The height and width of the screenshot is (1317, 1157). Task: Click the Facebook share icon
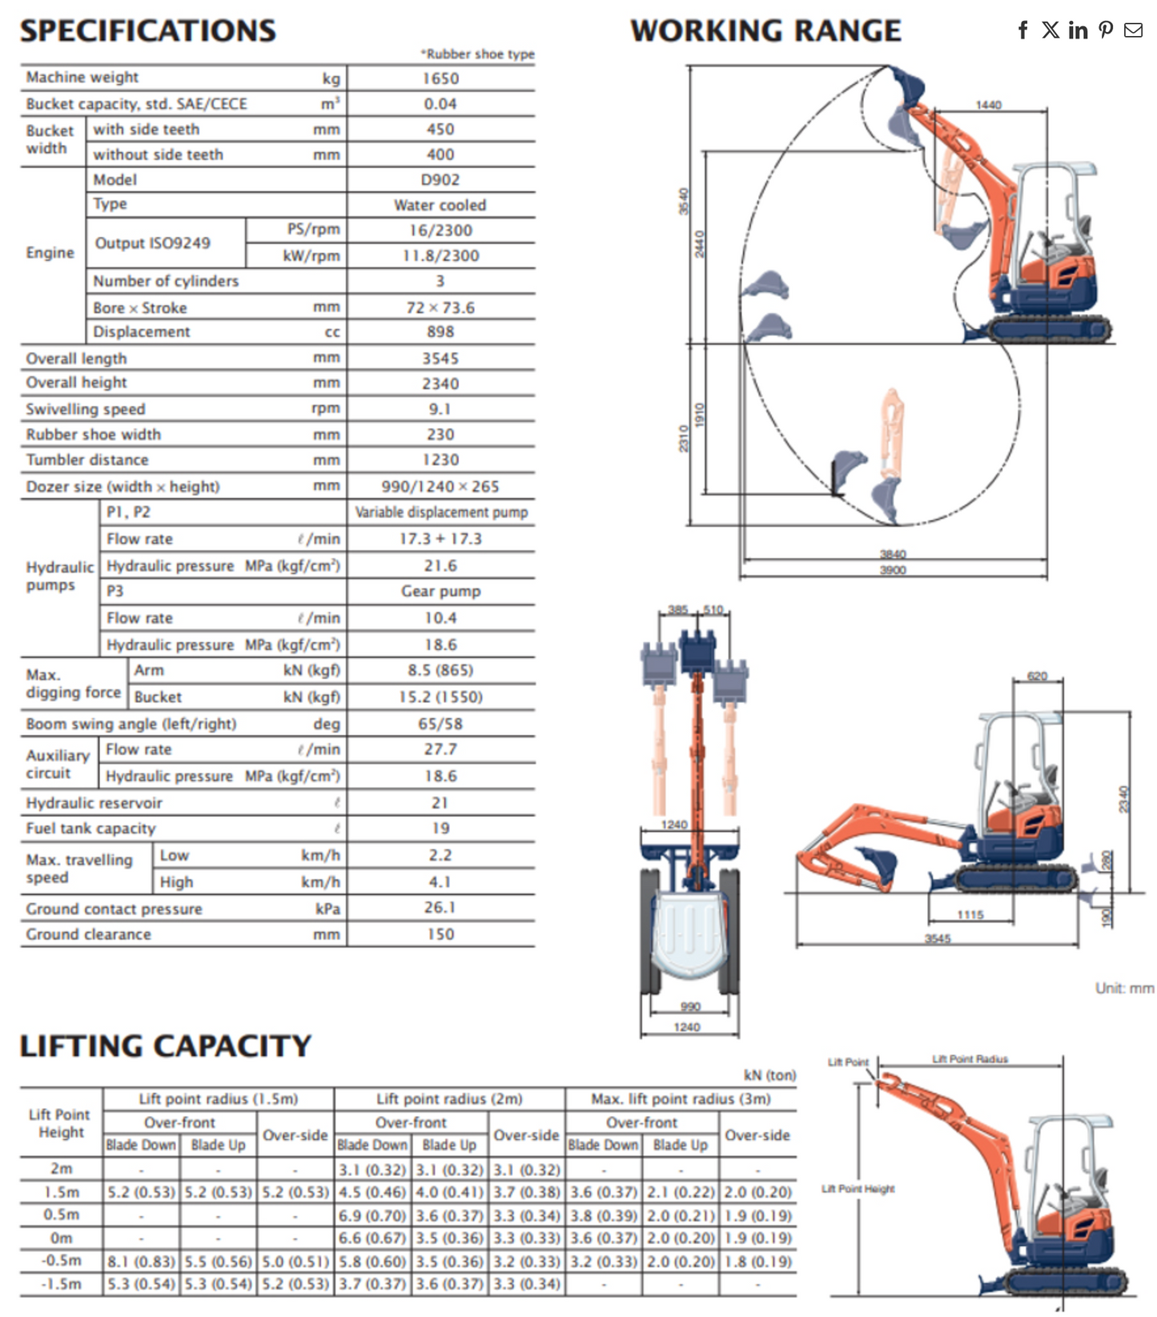click(1022, 30)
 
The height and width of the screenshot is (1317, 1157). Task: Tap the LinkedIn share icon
click(1078, 30)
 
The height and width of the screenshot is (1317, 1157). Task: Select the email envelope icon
click(1133, 30)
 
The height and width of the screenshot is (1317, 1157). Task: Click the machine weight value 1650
click(440, 78)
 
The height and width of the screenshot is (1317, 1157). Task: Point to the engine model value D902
click(440, 180)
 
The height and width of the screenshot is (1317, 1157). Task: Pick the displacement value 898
click(440, 331)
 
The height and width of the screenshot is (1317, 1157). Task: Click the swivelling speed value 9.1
click(440, 409)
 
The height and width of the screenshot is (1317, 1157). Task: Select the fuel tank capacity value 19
click(440, 829)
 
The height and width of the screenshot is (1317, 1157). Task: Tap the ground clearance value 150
click(440, 934)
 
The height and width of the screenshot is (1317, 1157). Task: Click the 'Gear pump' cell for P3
click(440, 592)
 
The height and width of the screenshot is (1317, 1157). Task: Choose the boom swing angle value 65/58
click(440, 724)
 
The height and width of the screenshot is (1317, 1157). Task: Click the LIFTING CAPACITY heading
click(166, 1046)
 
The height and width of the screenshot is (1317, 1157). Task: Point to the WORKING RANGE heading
click(765, 30)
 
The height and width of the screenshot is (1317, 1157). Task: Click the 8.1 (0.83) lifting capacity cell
click(141, 1262)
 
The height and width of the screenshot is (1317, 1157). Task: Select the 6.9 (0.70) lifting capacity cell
click(372, 1216)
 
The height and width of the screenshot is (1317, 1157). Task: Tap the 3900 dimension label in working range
click(893, 570)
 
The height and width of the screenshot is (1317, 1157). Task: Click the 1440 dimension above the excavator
click(988, 105)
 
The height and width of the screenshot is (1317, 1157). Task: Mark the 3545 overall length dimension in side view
click(938, 938)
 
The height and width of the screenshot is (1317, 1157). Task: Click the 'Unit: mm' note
click(1124, 989)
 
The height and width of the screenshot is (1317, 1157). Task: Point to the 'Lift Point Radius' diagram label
click(970, 1059)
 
